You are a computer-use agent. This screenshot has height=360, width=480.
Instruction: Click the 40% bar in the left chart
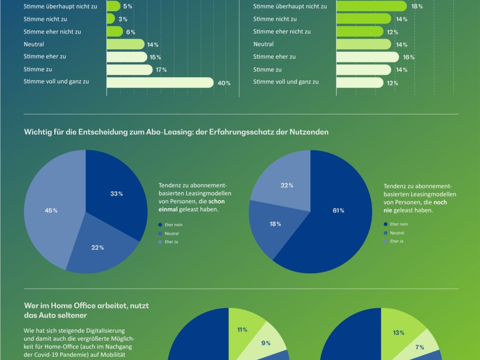(x=160, y=82)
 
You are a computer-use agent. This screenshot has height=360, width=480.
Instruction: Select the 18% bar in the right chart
(x=371, y=6)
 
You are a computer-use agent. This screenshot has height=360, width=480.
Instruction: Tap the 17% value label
(x=161, y=70)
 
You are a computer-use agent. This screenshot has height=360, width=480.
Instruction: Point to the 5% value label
(x=127, y=6)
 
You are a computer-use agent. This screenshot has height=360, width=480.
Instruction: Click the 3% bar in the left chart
(x=111, y=19)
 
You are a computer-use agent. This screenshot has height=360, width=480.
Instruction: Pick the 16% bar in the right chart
(x=367, y=57)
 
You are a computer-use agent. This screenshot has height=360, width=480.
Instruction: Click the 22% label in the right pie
(x=287, y=185)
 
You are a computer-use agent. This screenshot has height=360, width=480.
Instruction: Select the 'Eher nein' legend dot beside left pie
(x=160, y=225)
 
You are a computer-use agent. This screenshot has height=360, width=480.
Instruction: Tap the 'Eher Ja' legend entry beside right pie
(x=396, y=241)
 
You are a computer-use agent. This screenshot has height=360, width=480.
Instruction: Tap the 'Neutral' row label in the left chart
(x=34, y=44)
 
